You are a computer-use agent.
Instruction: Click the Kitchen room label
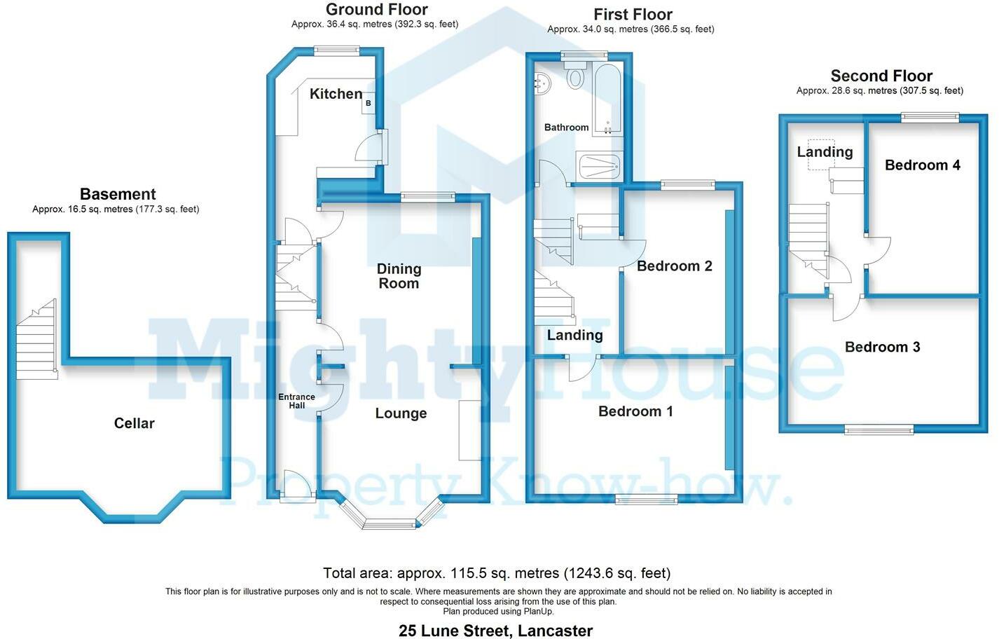pos(336,94)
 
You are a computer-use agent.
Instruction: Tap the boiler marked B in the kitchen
pos(368,103)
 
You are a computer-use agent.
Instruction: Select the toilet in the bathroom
pos(575,75)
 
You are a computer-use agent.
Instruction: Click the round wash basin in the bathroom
pos(542,83)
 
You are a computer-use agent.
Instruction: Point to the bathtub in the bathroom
pos(607,98)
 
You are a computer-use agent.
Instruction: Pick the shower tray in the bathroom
pos(598,165)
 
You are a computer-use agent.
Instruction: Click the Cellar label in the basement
pos(135,422)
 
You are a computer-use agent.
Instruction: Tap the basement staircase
pos(36,339)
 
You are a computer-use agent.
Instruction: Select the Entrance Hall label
pos(296,401)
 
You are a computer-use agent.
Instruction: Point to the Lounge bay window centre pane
pos(390,524)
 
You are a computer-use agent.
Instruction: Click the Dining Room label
pos(399,276)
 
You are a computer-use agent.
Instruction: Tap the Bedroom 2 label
pos(675,266)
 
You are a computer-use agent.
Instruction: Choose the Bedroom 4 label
pos(923,165)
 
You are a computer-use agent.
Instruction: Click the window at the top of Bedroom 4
pos(930,118)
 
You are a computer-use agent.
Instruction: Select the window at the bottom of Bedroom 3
pos(879,430)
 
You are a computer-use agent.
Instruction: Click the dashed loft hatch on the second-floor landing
pos(821,155)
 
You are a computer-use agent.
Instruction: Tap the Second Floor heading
pos(881,76)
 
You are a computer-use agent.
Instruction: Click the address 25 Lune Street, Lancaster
pos(495,631)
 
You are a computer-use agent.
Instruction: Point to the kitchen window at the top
pos(336,50)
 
